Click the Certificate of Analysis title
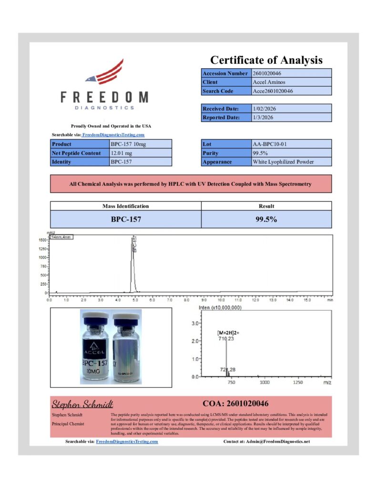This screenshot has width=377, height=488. pyautogui.click(x=266, y=60)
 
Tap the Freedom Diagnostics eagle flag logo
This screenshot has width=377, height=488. pyautogui.click(x=105, y=72)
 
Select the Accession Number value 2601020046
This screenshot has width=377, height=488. pyautogui.click(x=269, y=73)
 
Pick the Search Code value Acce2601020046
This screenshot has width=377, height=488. pyautogui.click(x=273, y=91)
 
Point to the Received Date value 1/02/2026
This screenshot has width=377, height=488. pyautogui.click(x=264, y=109)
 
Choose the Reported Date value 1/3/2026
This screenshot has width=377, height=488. pyautogui.click(x=263, y=117)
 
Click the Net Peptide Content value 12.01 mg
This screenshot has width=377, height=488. pyautogui.click(x=123, y=153)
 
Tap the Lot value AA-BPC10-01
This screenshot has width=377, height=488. pyautogui.click(x=269, y=144)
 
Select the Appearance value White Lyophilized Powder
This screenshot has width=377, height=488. pyautogui.click(x=283, y=162)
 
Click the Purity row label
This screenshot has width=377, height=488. pyautogui.click(x=210, y=153)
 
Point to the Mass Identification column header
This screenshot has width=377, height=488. pyautogui.click(x=126, y=206)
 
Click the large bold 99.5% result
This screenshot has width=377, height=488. pyautogui.click(x=266, y=220)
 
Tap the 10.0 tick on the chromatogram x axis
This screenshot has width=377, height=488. pyautogui.click(x=221, y=301)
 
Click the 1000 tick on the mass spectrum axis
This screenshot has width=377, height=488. pyautogui.click(x=264, y=382)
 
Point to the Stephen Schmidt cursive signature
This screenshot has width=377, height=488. pyautogui.click(x=82, y=405)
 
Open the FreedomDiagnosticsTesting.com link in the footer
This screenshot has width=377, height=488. pyautogui.click(x=127, y=442)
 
